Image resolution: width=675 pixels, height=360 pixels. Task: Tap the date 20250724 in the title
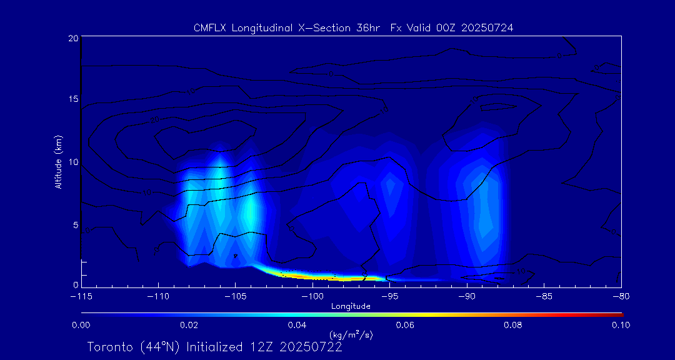[487, 28]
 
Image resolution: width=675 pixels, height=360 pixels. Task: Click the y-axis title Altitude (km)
[58, 161]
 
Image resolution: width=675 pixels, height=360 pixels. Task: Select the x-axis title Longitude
[351, 306]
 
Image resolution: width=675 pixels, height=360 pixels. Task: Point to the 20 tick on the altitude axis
[73, 38]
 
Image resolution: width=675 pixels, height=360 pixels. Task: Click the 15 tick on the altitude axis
[73, 100]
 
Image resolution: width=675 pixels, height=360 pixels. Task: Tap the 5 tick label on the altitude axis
[75, 224]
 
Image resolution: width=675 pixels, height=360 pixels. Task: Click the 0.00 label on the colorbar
[81, 325]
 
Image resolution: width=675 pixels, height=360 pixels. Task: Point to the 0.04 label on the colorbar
[297, 325]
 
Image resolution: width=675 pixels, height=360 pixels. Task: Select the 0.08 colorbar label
[513, 325]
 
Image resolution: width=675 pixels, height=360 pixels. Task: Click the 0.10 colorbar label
[620, 325]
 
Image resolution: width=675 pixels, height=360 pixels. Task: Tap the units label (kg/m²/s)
[351, 336]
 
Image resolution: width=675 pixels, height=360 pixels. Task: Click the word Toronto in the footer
[110, 347]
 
